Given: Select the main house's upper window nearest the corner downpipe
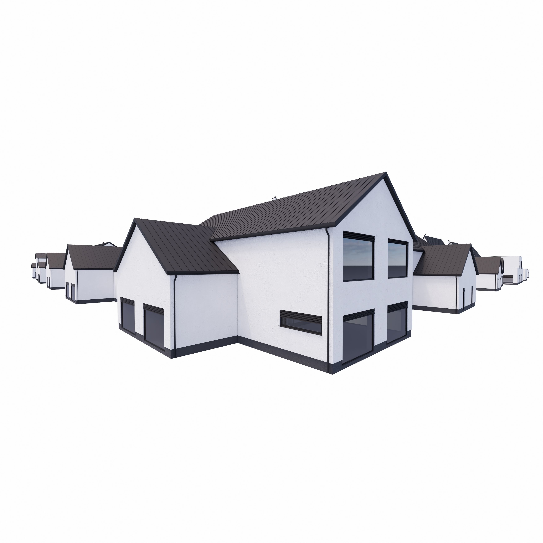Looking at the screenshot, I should tap(358, 257).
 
